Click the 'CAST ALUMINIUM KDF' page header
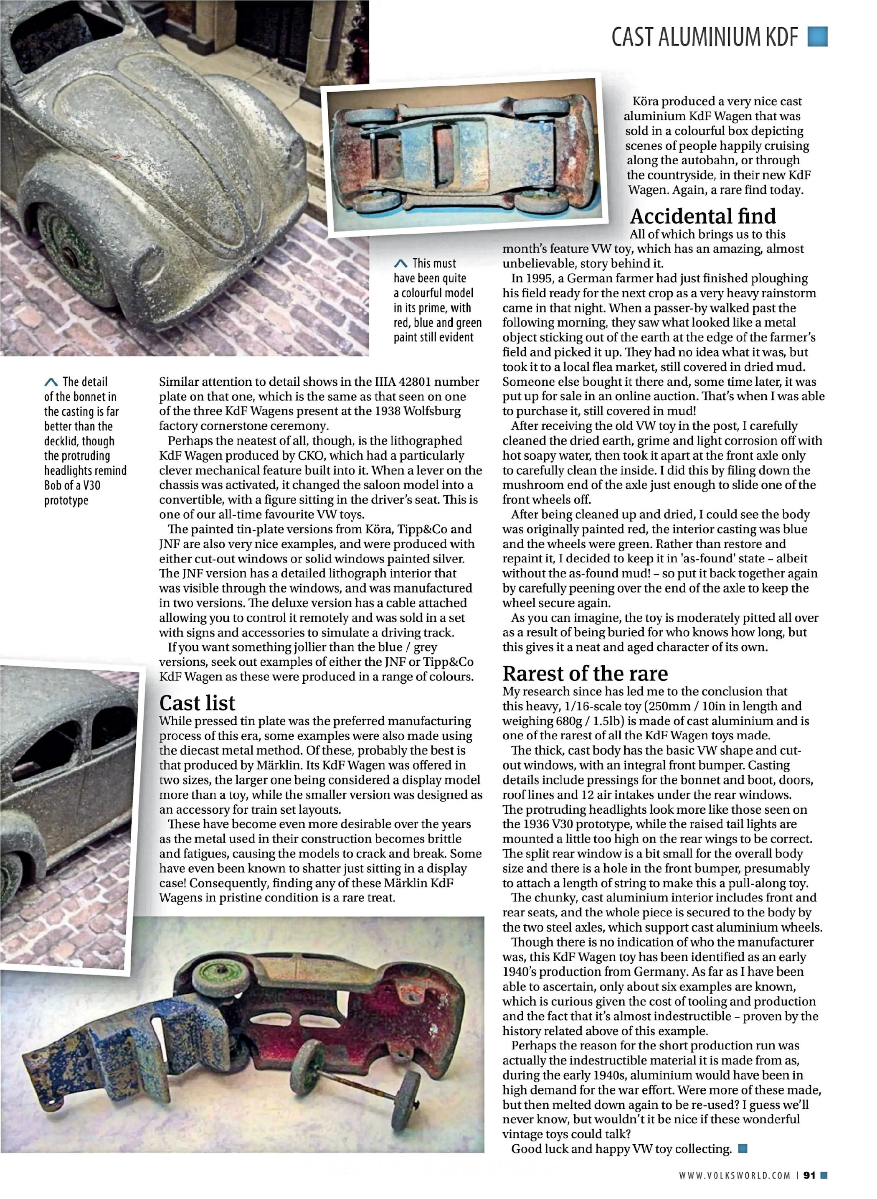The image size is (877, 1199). tap(705, 37)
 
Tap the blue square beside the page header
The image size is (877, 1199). tap(818, 37)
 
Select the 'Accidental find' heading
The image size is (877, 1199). tap(702, 216)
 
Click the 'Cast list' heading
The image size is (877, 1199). tap(197, 703)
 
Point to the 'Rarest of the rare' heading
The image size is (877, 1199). tap(585, 673)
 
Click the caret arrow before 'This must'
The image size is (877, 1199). tap(401, 263)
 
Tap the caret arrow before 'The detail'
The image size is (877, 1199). tap(51, 382)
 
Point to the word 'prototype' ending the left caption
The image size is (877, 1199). tap(66, 500)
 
